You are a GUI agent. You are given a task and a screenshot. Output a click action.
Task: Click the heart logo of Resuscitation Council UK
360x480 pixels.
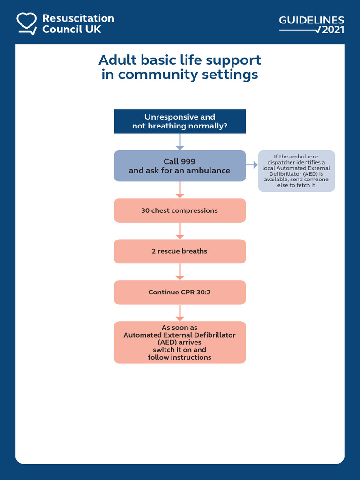(x=27, y=23)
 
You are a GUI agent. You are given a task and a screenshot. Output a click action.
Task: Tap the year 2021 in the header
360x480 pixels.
(x=333, y=30)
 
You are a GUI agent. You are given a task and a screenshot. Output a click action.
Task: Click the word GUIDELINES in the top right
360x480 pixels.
(x=311, y=20)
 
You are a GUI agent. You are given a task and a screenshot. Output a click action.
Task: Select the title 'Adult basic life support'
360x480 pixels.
(x=180, y=60)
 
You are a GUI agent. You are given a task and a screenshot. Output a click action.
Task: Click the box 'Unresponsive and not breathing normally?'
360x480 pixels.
(x=180, y=121)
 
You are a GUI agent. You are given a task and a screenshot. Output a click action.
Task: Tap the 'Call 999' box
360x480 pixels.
(x=180, y=166)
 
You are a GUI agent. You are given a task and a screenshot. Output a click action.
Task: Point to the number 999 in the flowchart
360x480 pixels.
(x=187, y=162)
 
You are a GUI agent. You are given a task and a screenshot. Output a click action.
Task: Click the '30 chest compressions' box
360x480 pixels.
(x=180, y=210)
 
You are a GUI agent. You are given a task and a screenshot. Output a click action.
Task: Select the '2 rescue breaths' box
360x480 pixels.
(x=180, y=251)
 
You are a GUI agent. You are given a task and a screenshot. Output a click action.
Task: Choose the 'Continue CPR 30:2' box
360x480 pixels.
(x=180, y=292)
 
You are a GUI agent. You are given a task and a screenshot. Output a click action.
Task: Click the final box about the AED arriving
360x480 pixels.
(x=180, y=342)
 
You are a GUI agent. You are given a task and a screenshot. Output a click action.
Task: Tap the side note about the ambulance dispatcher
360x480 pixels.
(x=296, y=171)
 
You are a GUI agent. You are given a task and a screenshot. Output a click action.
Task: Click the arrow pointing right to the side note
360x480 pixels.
(x=252, y=165)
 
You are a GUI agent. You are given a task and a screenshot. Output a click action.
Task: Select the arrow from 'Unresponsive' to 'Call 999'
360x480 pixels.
(x=180, y=142)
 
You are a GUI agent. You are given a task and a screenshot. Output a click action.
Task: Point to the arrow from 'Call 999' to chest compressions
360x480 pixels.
(x=180, y=190)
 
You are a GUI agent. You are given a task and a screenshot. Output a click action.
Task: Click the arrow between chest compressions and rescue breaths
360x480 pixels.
(x=180, y=231)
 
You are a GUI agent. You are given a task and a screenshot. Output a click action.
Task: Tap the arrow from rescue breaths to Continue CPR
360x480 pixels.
(x=180, y=272)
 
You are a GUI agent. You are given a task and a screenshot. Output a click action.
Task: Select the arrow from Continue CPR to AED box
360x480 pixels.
(x=180, y=313)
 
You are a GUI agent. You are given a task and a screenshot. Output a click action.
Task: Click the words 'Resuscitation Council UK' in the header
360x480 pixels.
(x=78, y=23)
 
